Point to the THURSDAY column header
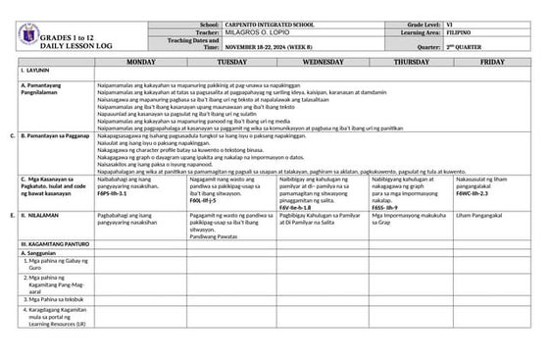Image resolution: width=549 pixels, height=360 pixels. pos(411,61)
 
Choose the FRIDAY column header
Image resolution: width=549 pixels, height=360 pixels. pos(493,61)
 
